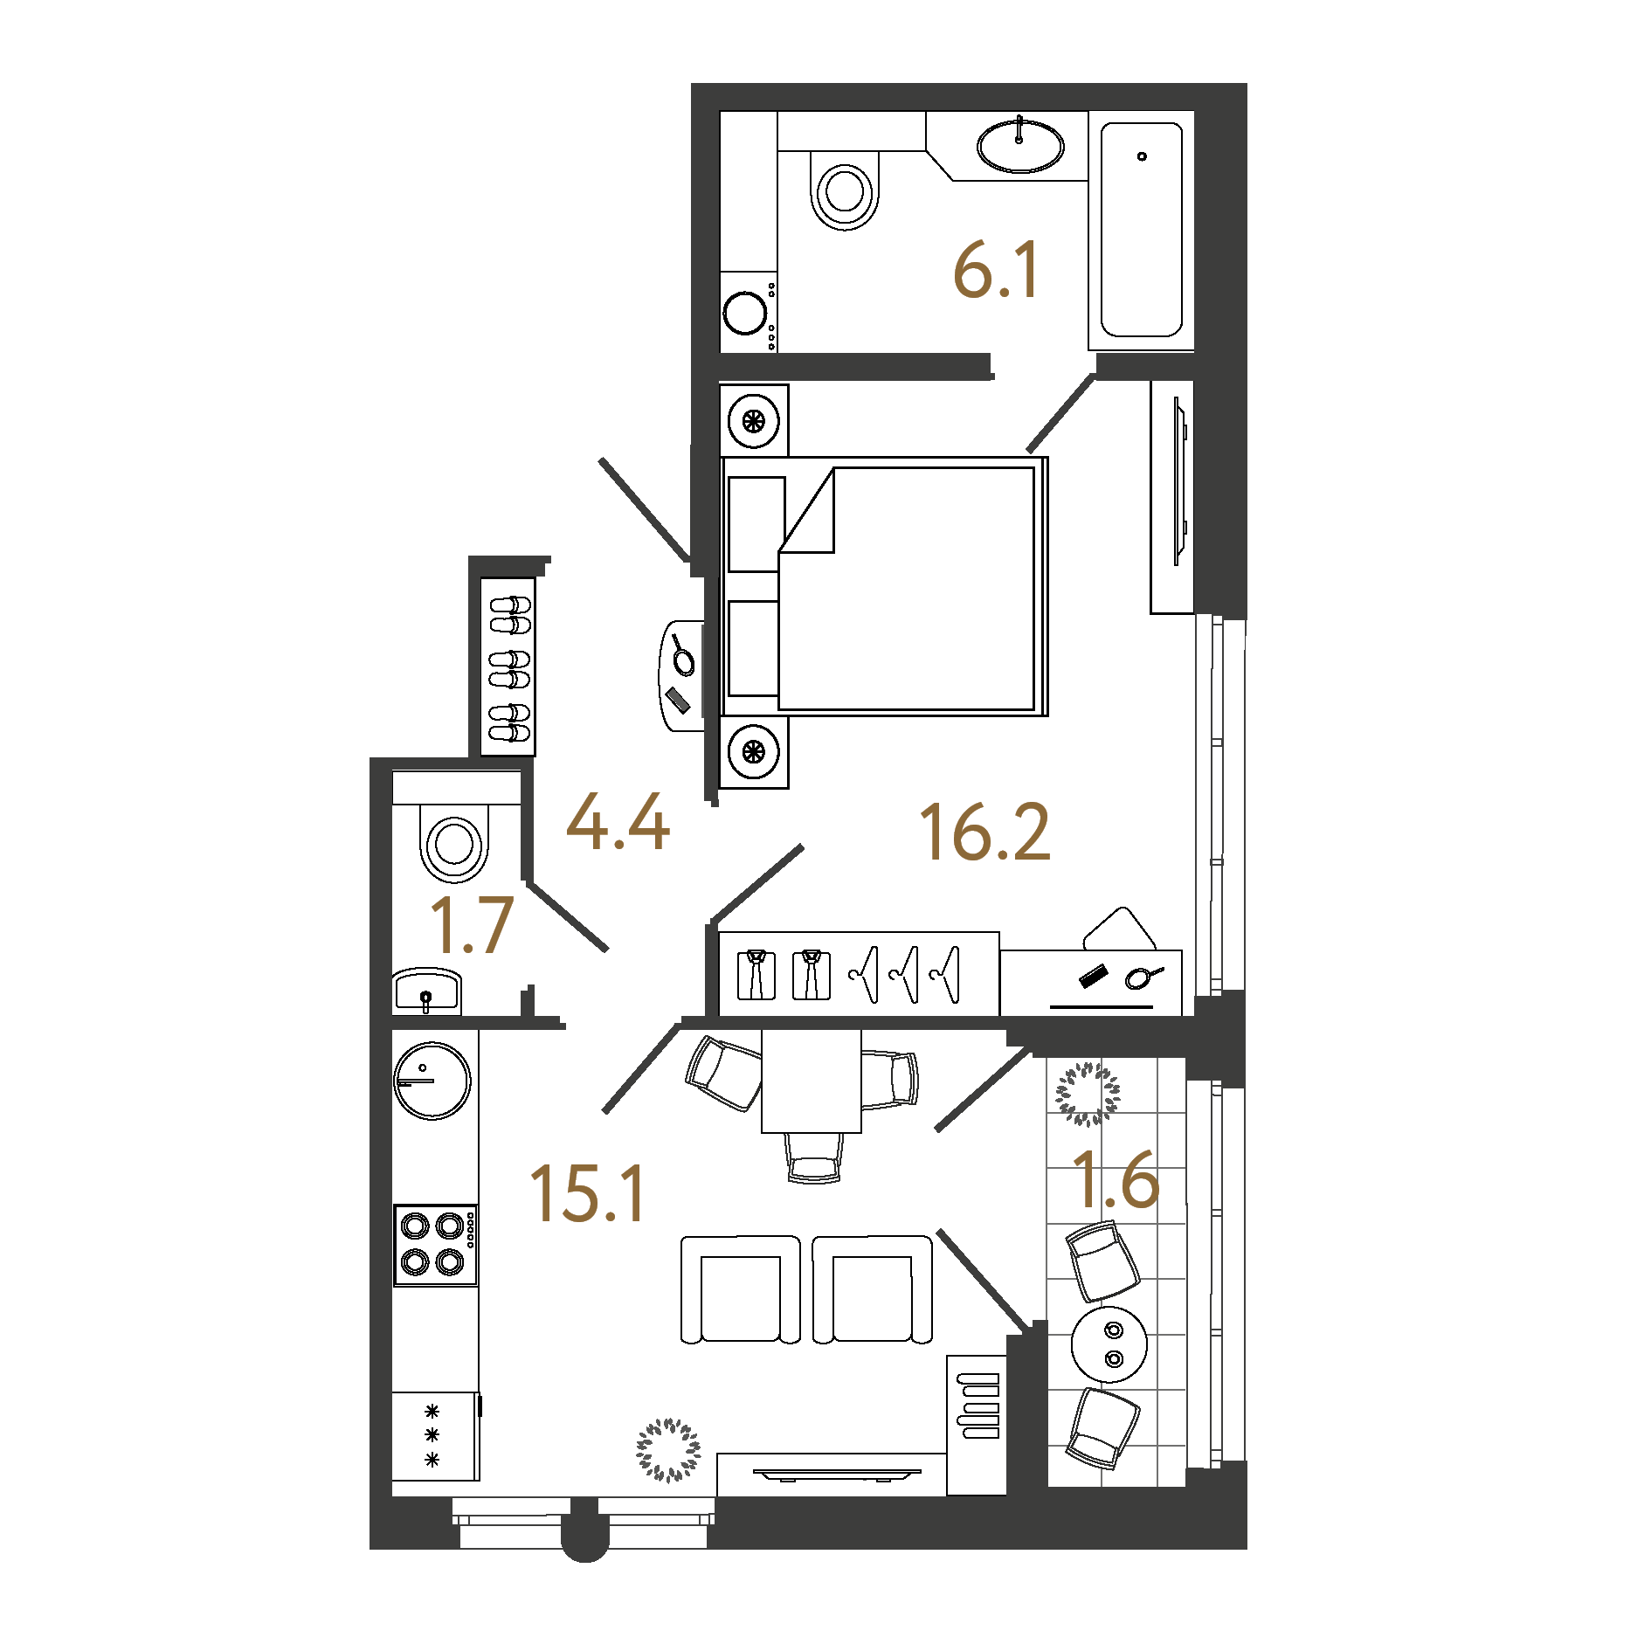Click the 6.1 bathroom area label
coord(996,271)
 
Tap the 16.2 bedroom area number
coord(984,832)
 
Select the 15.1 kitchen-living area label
coord(587,1193)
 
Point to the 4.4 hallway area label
coord(618,822)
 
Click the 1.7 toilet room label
coord(472,925)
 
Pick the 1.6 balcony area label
coord(1116,1179)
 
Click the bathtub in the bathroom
coord(1142,230)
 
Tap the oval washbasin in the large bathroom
coord(1020,146)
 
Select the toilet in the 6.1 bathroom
coord(844,190)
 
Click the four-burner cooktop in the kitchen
coord(435,1245)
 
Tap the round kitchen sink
coord(432,1081)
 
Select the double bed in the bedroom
coord(885,586)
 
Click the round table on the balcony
coord(1109,1344)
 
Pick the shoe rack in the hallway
coord(508,667)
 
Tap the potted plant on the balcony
coord(1088,1094)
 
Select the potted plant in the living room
coord(668,1450)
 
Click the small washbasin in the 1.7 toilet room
coord(426,991)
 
